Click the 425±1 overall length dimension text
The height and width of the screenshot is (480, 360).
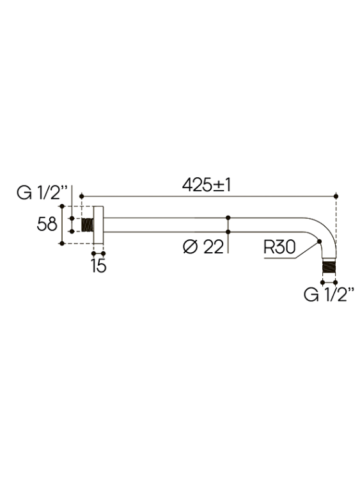click(x=206, y=185)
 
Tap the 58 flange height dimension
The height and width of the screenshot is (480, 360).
click(x=47, y=224)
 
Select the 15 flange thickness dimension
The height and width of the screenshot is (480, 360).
click(x=98, y=266)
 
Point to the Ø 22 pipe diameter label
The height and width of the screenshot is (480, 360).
click(x=203, y=247)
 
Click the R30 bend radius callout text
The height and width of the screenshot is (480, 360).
click(x=279, y=247)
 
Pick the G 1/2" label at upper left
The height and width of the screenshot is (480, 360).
click(x=42, y=193)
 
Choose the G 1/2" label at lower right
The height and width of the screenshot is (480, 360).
click(x=329, y=294)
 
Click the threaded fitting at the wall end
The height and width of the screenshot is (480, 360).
click(x=88, y=225)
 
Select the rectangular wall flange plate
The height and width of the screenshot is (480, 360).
click(x=98, y=225)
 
